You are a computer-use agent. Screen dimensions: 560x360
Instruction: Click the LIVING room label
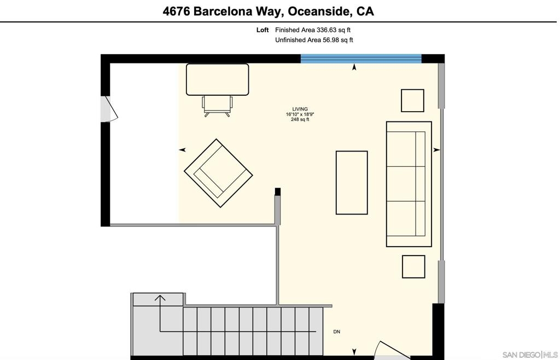pyautogui.click(x=300, y=109)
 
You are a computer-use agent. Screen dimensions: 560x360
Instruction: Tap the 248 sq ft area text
pyautogui.click(x=300, y=120)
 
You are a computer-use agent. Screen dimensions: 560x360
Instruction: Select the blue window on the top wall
pyautogui.click(x=361, y=59)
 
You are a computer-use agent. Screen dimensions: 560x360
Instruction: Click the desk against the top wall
pyautogui.click(x=218, y=80)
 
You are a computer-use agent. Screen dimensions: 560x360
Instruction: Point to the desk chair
pyautogui.click(x=217, y=106)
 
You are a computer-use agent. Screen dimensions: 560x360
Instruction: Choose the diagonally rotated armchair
pyautogui.click(x=218, y=173)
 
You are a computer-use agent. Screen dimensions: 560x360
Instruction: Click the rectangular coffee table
pyautogui.click(x=352, y=183)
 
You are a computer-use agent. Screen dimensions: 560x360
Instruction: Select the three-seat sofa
pyautogui.click(x=409, y=184)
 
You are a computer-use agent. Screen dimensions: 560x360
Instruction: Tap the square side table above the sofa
pyautogui.click(x=412, y=100)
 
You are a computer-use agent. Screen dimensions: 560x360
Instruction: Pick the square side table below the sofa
pyautogui.click(x=413, y=266)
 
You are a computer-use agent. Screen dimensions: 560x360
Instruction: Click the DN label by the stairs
pyautogui.click(x=337, y=332)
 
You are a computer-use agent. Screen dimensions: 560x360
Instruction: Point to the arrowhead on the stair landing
pyautogui.click(x=160, y=298)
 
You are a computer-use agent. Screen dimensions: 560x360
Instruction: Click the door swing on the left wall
pyautogui.click(x=109, y=109)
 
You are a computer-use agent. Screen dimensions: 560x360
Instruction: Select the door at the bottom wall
pyautogui.click(x=393, y=351)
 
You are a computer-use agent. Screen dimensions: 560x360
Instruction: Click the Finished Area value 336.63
pyautogui.click(x=326, y=30)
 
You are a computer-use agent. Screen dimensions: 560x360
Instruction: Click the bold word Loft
pyautogui.click(x=262, y=30)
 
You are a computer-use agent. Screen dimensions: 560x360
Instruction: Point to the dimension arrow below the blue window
pyautogui.click(x=354, y=67)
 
